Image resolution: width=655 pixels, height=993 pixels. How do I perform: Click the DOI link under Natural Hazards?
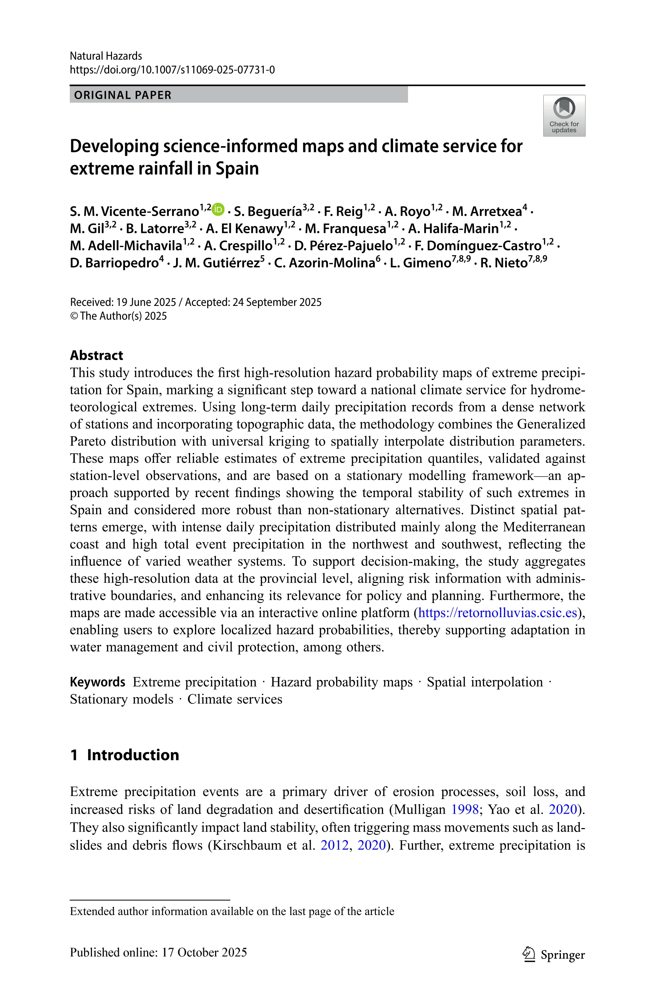(x=172, y=70)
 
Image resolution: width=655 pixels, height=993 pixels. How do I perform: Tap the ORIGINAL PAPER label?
(x=123, y=95)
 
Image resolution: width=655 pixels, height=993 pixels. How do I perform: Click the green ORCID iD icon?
(x=218, y=209)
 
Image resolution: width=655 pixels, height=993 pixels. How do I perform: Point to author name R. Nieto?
(x=504, y=263)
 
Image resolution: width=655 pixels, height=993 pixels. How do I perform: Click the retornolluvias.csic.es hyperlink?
(x=498, y=613)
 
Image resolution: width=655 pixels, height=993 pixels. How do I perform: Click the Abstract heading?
(x=97, y=355)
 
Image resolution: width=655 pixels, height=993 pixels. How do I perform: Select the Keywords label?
(x=97, y=682)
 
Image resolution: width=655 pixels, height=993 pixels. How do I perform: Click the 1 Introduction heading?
(x=125, y=755)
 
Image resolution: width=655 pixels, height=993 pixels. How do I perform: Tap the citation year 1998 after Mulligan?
(x=465, y=809)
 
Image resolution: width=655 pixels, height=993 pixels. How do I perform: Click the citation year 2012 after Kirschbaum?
(x=334, y=845)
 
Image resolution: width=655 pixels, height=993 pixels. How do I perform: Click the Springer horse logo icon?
(x=529, y=954)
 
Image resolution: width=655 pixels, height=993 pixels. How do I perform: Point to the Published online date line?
(x=158, y=952)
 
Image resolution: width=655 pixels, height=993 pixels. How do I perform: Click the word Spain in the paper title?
(x=237, y=169)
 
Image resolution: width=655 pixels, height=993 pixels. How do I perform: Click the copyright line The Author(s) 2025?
(x=118, y=316)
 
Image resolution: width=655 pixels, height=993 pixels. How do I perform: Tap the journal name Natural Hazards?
(x=106, y=56)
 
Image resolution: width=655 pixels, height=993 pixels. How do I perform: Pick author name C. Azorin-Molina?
(x=324, y=263)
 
